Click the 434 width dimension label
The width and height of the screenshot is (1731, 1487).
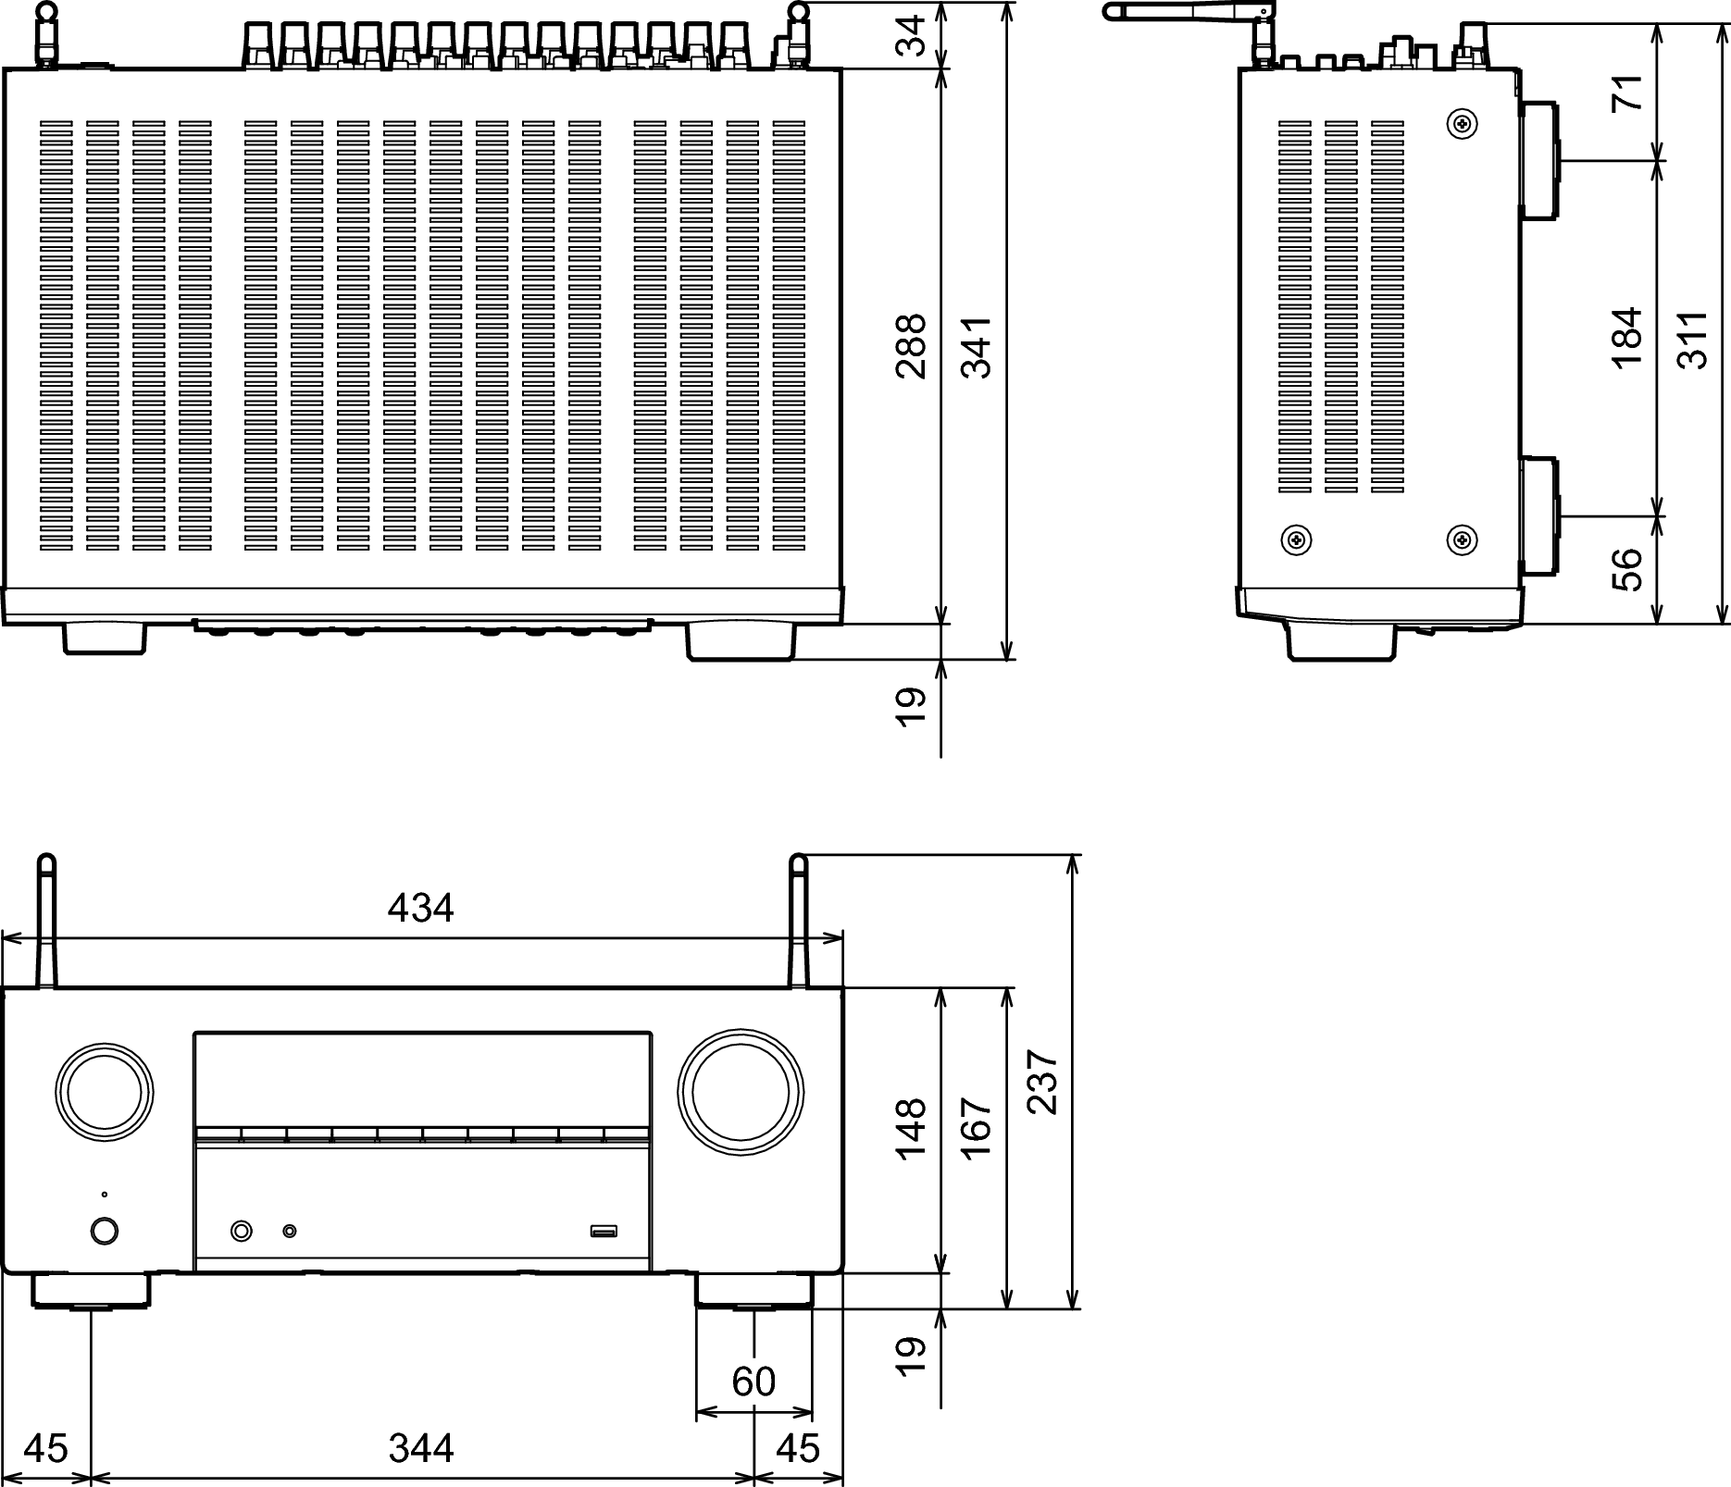click(x=420, y=908)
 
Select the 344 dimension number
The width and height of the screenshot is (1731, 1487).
click(x=421, y=1448)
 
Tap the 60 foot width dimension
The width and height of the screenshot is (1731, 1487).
click(x=753, y=1382)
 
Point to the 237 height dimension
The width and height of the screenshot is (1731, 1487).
click(x=1041, y=1082)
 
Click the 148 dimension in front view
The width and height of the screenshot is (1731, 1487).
click(x=911, y=1128)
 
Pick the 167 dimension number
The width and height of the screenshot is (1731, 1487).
click(x=976, y=1128)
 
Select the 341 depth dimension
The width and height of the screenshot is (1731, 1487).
click(x=976, y=347)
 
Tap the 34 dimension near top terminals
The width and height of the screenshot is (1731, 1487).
click(x=911, y=35)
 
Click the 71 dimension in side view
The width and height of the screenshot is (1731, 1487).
click(x=1627, y=92)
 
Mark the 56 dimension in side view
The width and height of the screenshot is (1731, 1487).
click(x=1627, y=569)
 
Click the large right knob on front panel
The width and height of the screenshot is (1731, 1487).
click(x=740, y=1092)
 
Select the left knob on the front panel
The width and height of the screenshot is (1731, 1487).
click(x=104, y=1086)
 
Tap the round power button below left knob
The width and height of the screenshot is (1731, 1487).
click(x=105, y=1232)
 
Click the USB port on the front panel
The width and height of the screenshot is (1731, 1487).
click(x=604, y=1232)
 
